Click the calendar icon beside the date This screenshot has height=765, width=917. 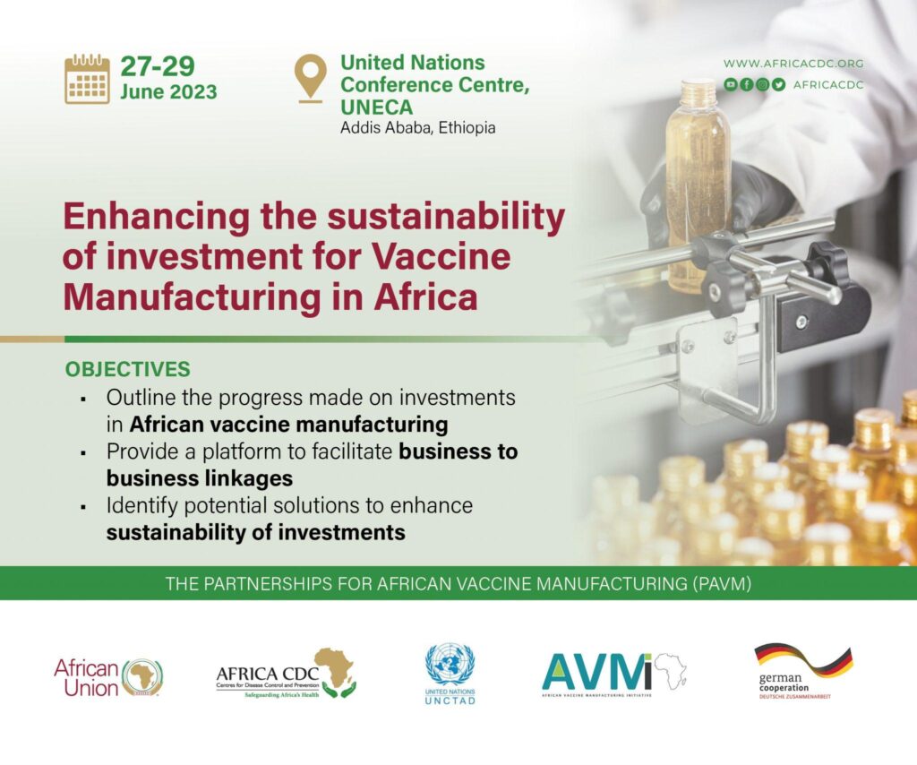87,79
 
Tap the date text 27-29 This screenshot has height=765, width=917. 158,66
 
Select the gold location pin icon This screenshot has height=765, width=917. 311,78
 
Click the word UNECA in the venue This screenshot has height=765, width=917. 377,107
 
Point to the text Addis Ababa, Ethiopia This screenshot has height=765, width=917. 417,127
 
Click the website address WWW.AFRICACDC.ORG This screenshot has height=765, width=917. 793,64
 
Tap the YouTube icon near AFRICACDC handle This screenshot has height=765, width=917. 731,84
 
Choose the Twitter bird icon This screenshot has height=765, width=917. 778,84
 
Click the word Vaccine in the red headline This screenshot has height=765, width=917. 441,256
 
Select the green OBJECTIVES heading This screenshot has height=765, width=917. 127,369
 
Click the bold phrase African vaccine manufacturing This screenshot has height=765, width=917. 289,424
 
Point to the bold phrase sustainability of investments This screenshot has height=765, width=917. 255,532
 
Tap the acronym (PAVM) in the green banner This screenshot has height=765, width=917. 724,584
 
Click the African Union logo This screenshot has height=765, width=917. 108,678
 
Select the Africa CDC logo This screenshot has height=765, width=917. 286,674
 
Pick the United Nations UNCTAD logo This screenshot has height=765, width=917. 450,674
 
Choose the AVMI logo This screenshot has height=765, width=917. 614,674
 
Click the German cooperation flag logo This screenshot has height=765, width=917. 803,671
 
